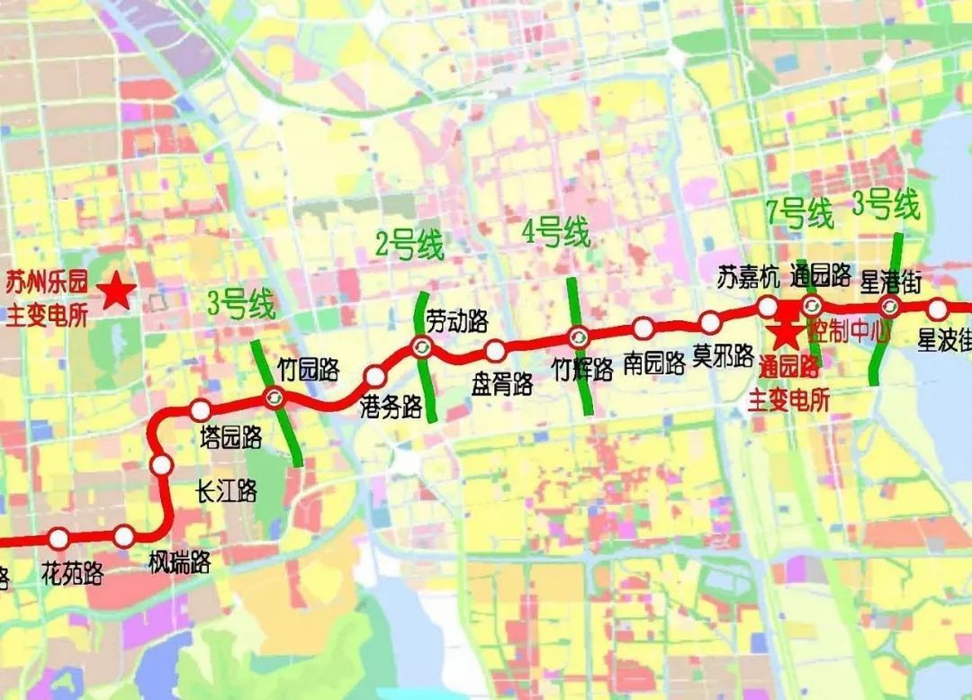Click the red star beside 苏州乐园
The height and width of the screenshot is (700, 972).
(x=117, y=292)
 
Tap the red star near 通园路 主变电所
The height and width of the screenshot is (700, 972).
(x=786, y=334)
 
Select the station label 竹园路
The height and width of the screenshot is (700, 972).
(x=308, y=369)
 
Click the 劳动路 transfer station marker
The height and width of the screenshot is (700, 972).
(x=421, y=346)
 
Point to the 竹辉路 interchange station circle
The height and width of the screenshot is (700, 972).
(x=578, y=337)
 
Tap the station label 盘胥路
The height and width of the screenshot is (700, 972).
(x=502, y=384)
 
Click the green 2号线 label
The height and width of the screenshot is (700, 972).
(x=409, y=244)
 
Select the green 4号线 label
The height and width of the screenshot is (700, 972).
(x=556, y=234)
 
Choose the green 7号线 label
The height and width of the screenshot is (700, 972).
(x=799, y=213)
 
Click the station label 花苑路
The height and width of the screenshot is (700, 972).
(x=72, y=572)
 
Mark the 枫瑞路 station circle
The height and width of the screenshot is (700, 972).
(x=124, y=537)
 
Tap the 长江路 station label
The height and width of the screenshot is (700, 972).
(x=227, y=490)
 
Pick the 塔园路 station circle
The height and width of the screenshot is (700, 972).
(x=201, y=410)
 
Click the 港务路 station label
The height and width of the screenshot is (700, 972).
(x=391, y=406)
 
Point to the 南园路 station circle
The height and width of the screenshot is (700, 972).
(x=643, y=328)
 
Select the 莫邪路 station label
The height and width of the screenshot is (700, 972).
(x=723, y=356)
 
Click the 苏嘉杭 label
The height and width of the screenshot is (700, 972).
(x=748, y=278)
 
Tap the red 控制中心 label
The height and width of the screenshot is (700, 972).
(x=849, y=330)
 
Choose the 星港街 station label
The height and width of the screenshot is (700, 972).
(x=891, y=281)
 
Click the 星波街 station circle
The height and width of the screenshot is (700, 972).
(x=938, y=310)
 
